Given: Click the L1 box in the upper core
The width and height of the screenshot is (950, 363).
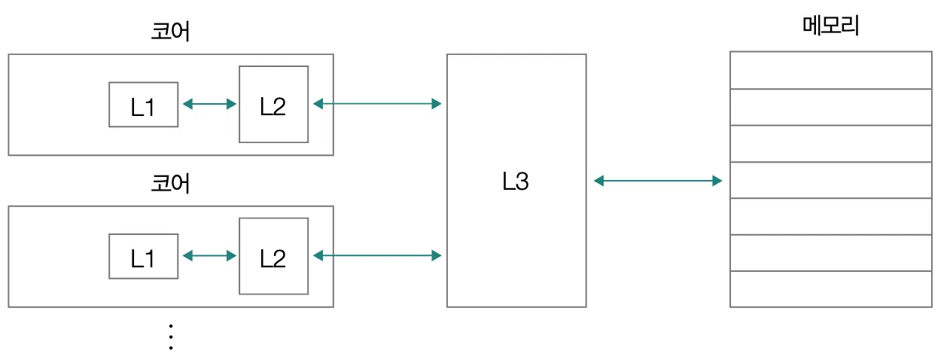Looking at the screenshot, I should tap(144, 105).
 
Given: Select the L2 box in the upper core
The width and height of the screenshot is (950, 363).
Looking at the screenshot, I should tap(273, 104).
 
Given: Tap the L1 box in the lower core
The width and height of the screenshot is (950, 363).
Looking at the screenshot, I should tap(144, 256).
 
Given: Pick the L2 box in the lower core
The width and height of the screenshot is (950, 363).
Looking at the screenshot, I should tap(273, 256).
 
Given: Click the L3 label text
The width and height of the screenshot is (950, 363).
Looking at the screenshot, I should tap(516, 181).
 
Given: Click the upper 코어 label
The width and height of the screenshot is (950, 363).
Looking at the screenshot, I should tap(170, 32).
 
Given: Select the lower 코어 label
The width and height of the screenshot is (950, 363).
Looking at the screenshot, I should tap(170, 183).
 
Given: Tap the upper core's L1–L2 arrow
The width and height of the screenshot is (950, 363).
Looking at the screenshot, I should tap(209, 104).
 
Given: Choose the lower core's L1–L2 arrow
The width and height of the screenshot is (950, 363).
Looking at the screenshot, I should tap(209, 256).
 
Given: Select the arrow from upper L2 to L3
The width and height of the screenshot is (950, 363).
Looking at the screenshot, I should tap(376, 104).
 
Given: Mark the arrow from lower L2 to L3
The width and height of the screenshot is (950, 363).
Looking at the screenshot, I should tap(376, 256).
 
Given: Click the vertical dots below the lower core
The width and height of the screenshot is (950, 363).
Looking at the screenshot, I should tap(170, 337).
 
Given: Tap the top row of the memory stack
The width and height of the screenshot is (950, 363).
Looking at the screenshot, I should tap(831, 70).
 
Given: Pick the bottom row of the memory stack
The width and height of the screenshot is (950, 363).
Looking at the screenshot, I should tap(831, 289).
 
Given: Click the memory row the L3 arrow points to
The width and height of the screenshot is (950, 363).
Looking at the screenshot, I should tap(831, 180).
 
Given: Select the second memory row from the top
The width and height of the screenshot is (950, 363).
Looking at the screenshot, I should tap(831, 107).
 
